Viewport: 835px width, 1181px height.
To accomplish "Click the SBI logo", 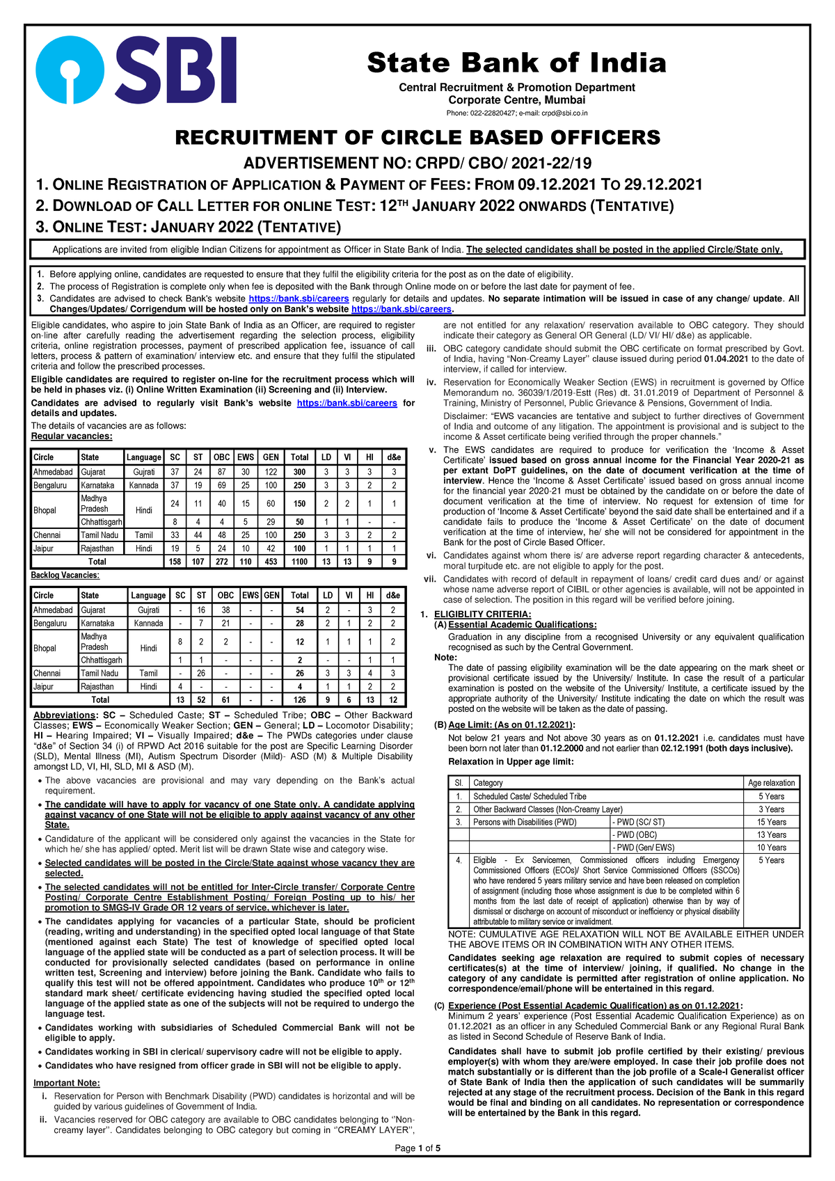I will (x=136, y=70).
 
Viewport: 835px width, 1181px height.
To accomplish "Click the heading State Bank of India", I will (x=516, y=63).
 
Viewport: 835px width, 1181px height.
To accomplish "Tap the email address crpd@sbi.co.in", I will (x=560, y=113).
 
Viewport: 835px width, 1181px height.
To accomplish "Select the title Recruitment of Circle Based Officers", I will (x=417, y=137).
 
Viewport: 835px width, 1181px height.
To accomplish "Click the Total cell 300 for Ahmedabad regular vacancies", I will (x=299, y=473).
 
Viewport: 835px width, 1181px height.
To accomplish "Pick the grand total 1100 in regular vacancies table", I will (x=299, y=562).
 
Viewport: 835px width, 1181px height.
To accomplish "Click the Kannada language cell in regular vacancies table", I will (x=144, y=485).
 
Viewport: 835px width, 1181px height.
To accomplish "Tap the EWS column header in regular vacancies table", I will (x=246, y=457).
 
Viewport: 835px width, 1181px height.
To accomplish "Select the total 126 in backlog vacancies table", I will (x=300, y=699).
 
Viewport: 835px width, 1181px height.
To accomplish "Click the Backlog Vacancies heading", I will (x=65, y=576).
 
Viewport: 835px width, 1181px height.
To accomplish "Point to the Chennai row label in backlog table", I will (x=47, y=673).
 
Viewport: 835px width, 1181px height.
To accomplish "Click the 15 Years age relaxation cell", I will (x=772, y=822).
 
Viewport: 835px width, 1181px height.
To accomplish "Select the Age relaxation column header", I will (x=772, y=783).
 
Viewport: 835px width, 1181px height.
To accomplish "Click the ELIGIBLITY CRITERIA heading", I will (x=482, y=614).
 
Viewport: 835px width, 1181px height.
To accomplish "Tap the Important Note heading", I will (x=67, y=1083).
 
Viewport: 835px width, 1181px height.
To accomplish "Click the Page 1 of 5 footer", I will (x=417, y=1148).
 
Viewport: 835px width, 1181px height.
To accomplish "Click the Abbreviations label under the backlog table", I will (x=64, y=715).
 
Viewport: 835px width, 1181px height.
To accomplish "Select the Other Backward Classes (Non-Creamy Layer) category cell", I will (x=548, y=809).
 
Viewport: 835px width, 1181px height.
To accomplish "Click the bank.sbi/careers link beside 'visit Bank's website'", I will (x=347, y=403).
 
